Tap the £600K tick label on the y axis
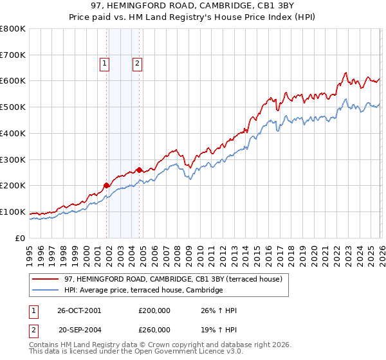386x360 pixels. pyautogui.click(x=13, y=81)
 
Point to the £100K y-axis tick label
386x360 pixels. pyautogui.click(x=13, y=212)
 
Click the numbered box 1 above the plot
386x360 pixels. pyautogui.click(x=104, y=63)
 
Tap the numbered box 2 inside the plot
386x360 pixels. pyautogui.click(x=138, y=63)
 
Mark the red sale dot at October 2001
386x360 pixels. pyautogui.click(x=107, y=185)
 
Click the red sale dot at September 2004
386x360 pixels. pyautogui.click(x=140, y=170)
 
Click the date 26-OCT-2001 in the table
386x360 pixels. pyautogui.click(x=79, y=310)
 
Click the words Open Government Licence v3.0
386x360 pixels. pyautogui.click(x=193, y=354)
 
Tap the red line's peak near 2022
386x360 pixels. pyautogui.click(x=346, y=72)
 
